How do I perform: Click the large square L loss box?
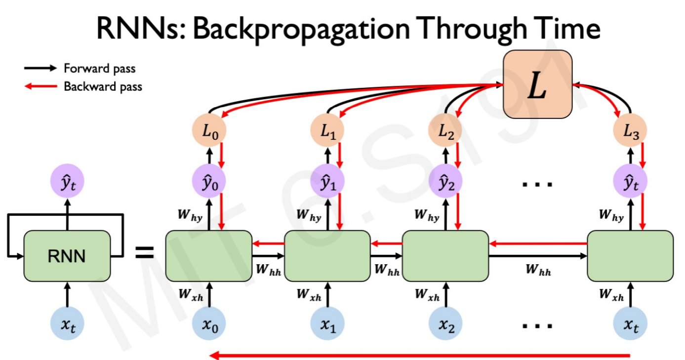(x=538, y=84)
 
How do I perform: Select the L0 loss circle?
(x=209, y=130)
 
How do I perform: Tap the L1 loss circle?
(x=327, y=130)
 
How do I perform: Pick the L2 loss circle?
(x=445, y=130)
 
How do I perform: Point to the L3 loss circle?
(x=630, y=130)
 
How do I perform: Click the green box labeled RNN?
(x=67, y=256)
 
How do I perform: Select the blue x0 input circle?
(x=209, y=323)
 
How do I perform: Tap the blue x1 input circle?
(x=327, y=323)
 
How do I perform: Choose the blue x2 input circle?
(x=445, y=323)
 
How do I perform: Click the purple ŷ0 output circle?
(x=209, y=181)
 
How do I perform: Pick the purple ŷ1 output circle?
(x=327, y=181)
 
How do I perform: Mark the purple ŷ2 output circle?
(x=445, y=181)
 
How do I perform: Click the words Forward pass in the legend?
(x=99, y=69)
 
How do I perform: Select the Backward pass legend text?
(x=103, y=86)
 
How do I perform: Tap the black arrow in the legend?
(x=40, y=68)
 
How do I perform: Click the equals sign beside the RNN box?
(x=145, y=253)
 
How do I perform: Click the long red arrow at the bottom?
(x=420, y=356)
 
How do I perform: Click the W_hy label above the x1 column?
(x=309, y=215)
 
